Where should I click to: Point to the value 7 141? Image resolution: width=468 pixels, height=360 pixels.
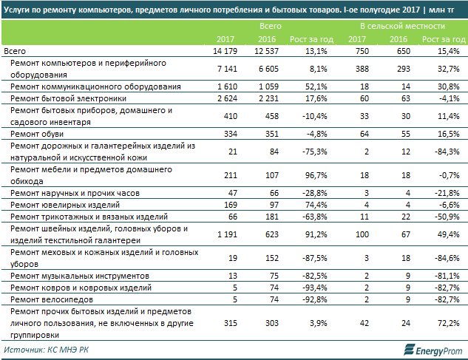pos(225,68)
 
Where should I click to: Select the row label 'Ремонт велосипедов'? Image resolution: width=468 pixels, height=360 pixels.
pos(50,300)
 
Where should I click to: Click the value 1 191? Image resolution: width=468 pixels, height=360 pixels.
pos(225,234)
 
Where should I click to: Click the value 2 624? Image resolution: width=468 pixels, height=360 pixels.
pos(225,98)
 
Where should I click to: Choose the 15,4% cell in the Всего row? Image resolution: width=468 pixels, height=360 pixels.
pos(450,50)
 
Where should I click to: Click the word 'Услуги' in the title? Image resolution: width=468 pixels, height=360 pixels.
pos(18,8)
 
